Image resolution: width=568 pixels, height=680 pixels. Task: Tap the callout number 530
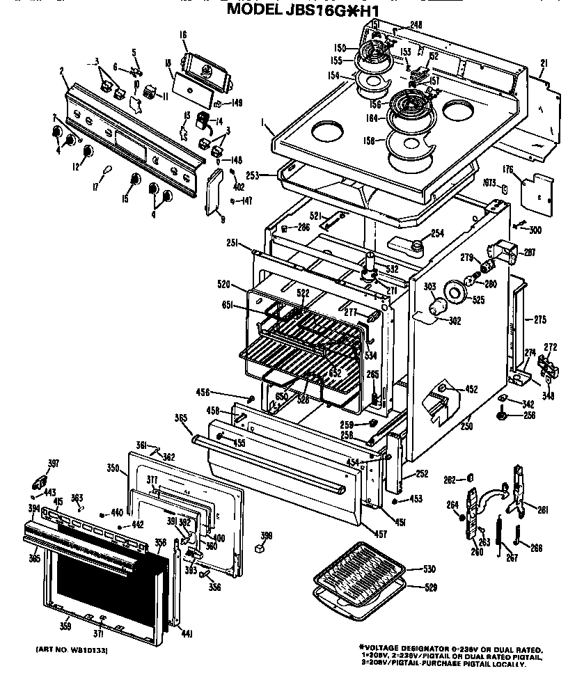[429, 570]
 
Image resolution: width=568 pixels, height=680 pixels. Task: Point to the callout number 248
[416, 25]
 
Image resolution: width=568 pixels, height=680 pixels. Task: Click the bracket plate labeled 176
[535, 190]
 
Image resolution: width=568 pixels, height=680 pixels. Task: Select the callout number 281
[543, 510]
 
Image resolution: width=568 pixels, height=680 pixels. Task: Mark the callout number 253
[252, 176]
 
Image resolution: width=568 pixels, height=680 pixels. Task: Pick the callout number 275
[539, 319]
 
